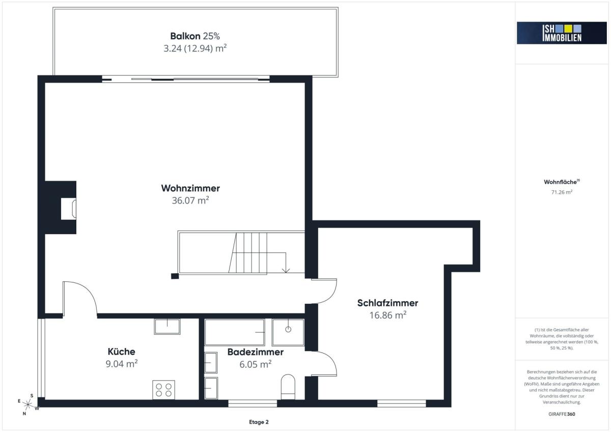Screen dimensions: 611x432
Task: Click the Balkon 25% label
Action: click(195, 36)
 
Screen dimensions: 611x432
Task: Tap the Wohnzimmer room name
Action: click(190, 188)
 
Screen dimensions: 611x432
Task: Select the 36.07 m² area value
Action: click(190, 200)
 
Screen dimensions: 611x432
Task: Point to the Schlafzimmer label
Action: click(387, 303)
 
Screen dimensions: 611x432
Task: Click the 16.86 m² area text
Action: click(387, 315)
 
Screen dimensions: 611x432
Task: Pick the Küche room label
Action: click(121, 352)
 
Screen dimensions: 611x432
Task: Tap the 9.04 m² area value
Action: click(121, 364)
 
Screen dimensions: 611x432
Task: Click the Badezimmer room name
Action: click(255, 352)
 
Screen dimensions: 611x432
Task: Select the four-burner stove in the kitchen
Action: click(163, 390)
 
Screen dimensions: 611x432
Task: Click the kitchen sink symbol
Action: click(167, 327)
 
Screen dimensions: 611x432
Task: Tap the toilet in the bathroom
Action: click(288, 387)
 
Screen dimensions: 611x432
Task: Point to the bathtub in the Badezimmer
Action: click(235, 332)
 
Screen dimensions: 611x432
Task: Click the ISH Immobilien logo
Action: click(562, 33)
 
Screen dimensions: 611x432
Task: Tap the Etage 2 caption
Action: click(259, 422)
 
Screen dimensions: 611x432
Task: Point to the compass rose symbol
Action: click(28, 405)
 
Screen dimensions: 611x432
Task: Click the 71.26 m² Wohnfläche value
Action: click(562, 192)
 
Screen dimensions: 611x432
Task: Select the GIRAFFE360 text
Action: click(562, 414)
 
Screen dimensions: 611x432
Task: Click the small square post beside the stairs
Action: click(175, 276)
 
